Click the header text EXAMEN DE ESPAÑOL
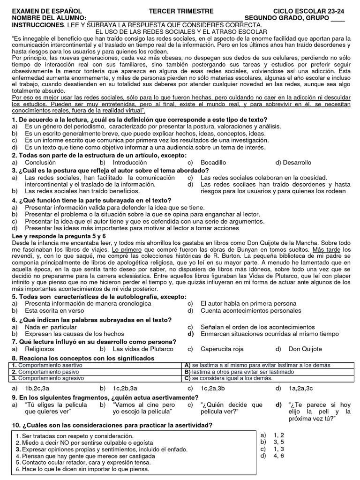[x=46, y=11]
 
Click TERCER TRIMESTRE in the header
[x=181, y=11]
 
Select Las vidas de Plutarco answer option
[x=143, y=349]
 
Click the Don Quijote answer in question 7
[x=305, y=349]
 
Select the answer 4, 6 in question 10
[x=279, y=455]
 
